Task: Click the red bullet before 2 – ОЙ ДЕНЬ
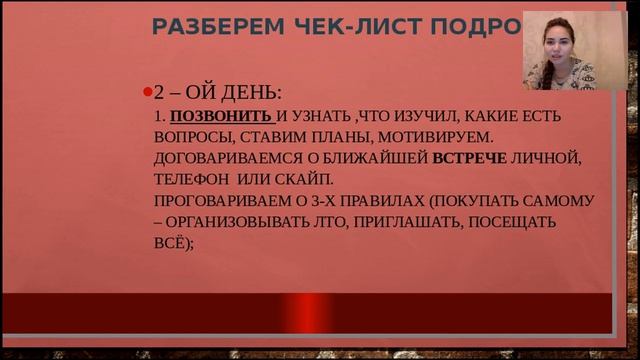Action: tap(147, 93)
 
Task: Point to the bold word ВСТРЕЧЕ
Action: tap(469, 158)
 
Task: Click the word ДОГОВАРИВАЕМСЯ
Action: tap(224, 158)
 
